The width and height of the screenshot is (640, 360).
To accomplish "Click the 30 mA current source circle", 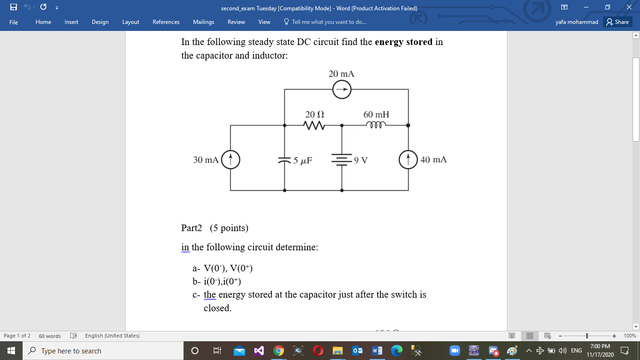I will [x=230, y=159].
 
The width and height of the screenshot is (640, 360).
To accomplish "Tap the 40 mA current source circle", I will [x=408, y=159].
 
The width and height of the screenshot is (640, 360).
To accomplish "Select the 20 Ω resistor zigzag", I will [x=314, y=126].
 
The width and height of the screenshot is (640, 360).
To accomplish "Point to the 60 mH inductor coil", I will [x=376, y=125].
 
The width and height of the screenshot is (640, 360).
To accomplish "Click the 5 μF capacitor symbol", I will [x=285, y=160].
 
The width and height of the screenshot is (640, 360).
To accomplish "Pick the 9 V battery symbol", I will [x=342, y=159].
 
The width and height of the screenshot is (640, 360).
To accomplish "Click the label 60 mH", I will [x=376, y=114].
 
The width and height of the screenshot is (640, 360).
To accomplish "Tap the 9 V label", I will [x=361, y=160].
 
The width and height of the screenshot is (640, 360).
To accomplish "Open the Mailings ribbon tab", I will [x=203, y=22].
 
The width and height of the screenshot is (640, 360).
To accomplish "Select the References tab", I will [x=166, y=22].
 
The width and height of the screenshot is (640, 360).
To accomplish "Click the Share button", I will [x=617, y=22].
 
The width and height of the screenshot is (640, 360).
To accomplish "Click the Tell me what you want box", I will [x=328, y=22].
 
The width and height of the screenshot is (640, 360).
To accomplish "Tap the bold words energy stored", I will [x=403, y=42].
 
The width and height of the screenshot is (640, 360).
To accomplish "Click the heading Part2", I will [x=192, y=228].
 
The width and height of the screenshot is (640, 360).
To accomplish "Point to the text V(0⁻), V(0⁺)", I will [x=228, y=269].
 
